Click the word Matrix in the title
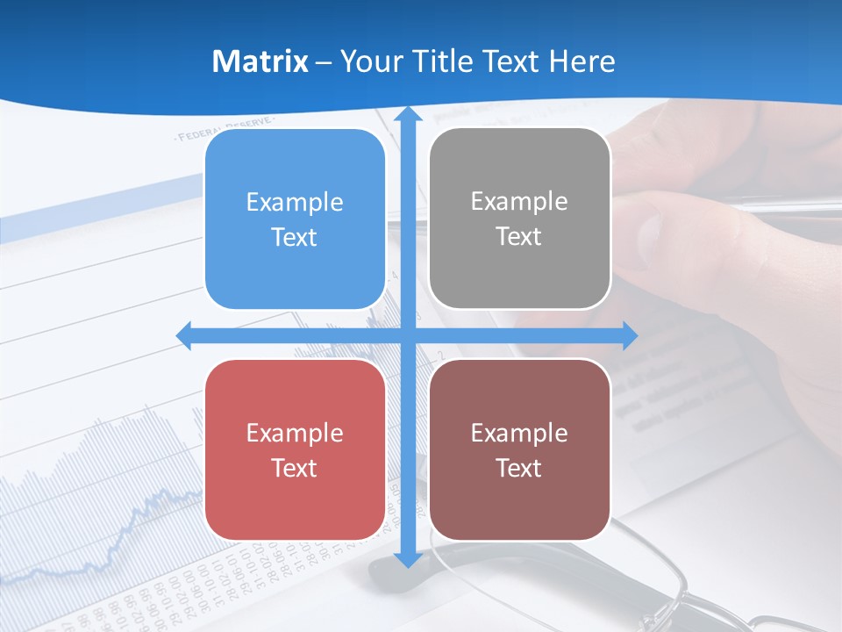pos(260,61)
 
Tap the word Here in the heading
pos(582,61)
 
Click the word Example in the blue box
pos(295,203)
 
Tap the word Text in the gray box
pos(519,237)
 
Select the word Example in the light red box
pos(295,433)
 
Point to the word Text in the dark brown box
pos(519,468)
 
